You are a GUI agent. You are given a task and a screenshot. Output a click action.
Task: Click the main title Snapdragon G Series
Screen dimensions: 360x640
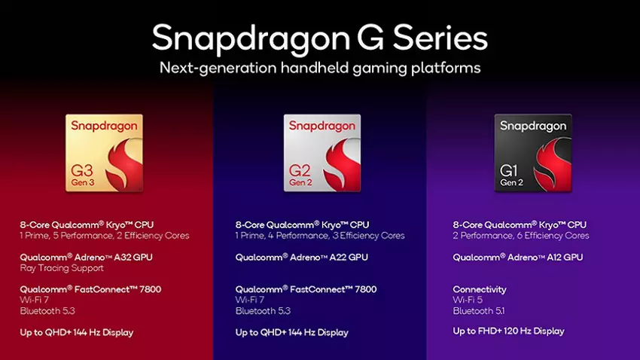pyautogui.click(x=319, y=38)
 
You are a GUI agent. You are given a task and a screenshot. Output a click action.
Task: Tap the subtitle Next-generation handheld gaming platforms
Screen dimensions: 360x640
pyautogui.click(x=319, y=69)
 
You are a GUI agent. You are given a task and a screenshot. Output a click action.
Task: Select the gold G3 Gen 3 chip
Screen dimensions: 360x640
pyautogui.click(x=104, y=153)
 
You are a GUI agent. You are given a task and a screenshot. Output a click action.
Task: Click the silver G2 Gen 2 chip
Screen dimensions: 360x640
pyautogui.click(x=322, y=153)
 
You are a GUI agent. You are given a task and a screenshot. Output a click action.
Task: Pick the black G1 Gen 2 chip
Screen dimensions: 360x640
pyautogui.click(x=533, y=153)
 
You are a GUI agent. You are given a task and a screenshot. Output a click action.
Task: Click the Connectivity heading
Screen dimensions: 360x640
pyautogui.click(x=479, y=289)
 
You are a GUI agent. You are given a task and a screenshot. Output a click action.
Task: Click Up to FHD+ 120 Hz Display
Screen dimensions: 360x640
pyautogui.click(x=508, y=331)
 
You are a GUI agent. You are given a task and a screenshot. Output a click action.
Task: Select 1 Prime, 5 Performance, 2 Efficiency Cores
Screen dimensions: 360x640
pyautogui.click(x=104, y=236)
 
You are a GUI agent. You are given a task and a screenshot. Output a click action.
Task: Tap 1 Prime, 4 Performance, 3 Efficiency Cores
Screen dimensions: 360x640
pyautogui.click(x=319, y=236)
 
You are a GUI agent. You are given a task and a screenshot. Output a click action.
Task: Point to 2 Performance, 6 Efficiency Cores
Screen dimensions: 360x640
pyautogui.click(x=521, y=236)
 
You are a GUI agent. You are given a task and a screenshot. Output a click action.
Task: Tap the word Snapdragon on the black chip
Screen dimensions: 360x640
pyautogui.click(x=533, y=126)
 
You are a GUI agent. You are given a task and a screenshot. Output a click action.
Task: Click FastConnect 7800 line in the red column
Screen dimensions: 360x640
pyautogui.click(x=90, y=289)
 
